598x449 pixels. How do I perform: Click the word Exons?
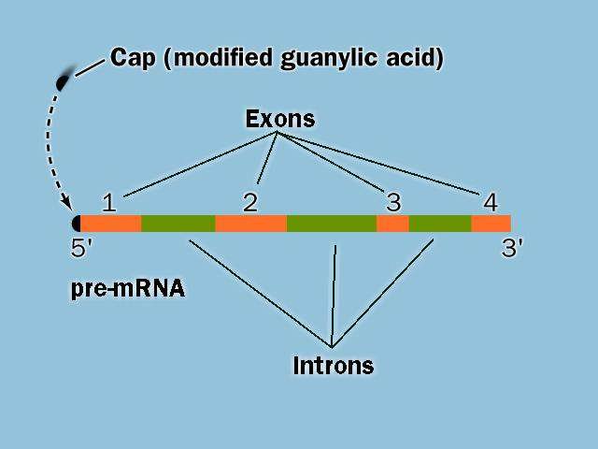point(280,119)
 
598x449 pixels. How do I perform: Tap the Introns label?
point(334,366)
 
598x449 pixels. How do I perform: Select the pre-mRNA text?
point(128,289)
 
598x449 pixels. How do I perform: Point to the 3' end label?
point(512,248)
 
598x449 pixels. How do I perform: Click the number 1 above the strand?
point(109,203)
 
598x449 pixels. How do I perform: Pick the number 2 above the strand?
point(250,203)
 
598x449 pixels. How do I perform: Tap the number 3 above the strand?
point(393,202)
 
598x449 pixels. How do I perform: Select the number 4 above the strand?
point(491,202)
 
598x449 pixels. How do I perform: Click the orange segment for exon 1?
point(110,224)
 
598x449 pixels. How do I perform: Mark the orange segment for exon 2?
point(251,224)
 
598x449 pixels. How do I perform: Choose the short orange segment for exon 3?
point(392,224)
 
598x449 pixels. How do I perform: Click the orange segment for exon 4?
point(491,224)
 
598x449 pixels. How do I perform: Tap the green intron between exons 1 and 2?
point(178,224)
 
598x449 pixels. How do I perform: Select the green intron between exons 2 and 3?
point(332,224)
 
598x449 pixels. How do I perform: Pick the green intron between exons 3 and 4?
point(440,224)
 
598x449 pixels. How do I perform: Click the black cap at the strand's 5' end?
point(77,224)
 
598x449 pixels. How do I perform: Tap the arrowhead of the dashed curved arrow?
point(68,203)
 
